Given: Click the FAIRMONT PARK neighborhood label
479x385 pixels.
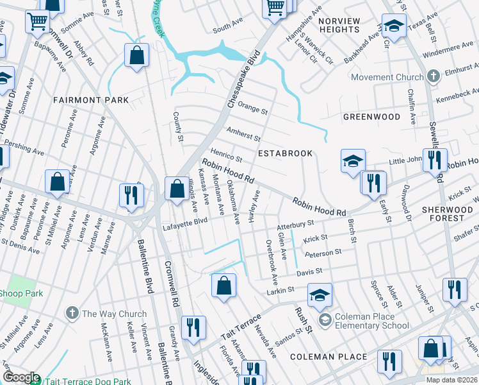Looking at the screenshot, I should point(91,100).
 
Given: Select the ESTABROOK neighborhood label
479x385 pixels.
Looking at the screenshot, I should point(285,153).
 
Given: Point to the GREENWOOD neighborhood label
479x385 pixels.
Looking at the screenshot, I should point(371,117).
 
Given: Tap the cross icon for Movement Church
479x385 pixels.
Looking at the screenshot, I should point(433,77).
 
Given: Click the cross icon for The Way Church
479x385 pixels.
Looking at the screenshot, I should point(72,314).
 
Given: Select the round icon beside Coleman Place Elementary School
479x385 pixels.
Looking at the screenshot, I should point(325,320).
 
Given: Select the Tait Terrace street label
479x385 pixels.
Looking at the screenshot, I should point(241,328).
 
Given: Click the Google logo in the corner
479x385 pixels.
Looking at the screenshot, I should point(21,377).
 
